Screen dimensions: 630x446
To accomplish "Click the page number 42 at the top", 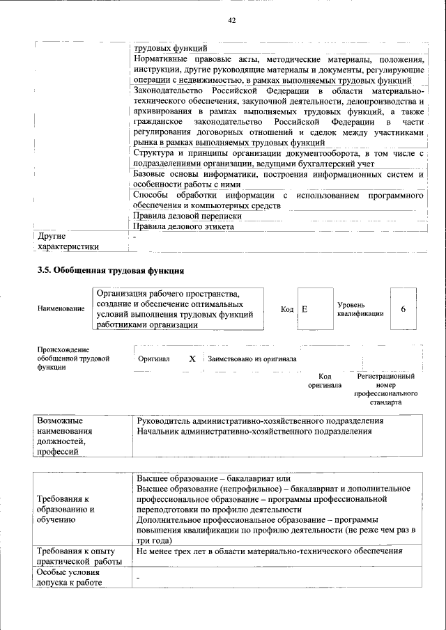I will (x=232, y=21).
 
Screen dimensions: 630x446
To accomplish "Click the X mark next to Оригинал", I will (x=192, y=359).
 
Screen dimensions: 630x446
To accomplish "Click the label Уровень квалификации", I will (x=360, y=309).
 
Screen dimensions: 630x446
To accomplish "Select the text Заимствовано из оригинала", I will (x=252, y=359).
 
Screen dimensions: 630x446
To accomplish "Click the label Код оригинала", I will (x=325, y=380).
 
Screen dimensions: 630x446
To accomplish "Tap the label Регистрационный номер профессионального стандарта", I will (x=385, y=389).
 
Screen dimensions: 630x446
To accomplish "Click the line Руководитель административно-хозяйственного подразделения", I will (x=261, y=421).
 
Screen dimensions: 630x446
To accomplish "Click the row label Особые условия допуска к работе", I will (x=68, y=578).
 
